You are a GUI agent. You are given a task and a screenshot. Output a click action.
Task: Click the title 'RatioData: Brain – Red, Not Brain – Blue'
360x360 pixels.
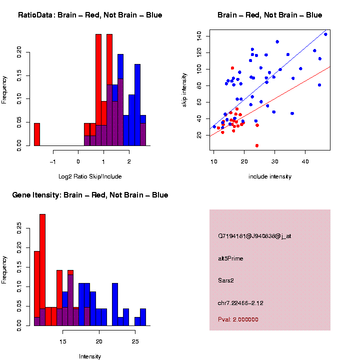(90, 15)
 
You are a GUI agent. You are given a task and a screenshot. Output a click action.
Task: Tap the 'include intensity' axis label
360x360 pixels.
(269, 176)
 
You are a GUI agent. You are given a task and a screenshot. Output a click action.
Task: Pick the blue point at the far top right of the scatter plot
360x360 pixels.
(325, 34)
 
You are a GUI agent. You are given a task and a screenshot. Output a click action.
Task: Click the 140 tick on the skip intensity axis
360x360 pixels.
(199, 35)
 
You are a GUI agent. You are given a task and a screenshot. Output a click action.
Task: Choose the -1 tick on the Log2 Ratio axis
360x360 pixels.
(53, 161)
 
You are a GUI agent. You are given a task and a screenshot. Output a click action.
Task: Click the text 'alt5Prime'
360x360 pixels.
(230, 258)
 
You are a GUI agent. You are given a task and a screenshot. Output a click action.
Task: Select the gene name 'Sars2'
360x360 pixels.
(225, 280)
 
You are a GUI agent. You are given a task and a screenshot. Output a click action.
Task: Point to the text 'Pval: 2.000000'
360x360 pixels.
(238, 319)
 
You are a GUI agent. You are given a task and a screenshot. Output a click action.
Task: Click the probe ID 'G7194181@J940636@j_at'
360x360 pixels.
(254, 236)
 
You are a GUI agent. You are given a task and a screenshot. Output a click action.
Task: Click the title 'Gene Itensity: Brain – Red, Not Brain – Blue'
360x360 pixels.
(90, 195)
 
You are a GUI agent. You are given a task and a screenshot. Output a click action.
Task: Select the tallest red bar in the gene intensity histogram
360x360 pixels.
(42, 270)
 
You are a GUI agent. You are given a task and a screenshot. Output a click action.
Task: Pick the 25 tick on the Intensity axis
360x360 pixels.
(135, 341)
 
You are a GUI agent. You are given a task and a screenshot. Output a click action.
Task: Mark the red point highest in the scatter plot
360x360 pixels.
(232, 68)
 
